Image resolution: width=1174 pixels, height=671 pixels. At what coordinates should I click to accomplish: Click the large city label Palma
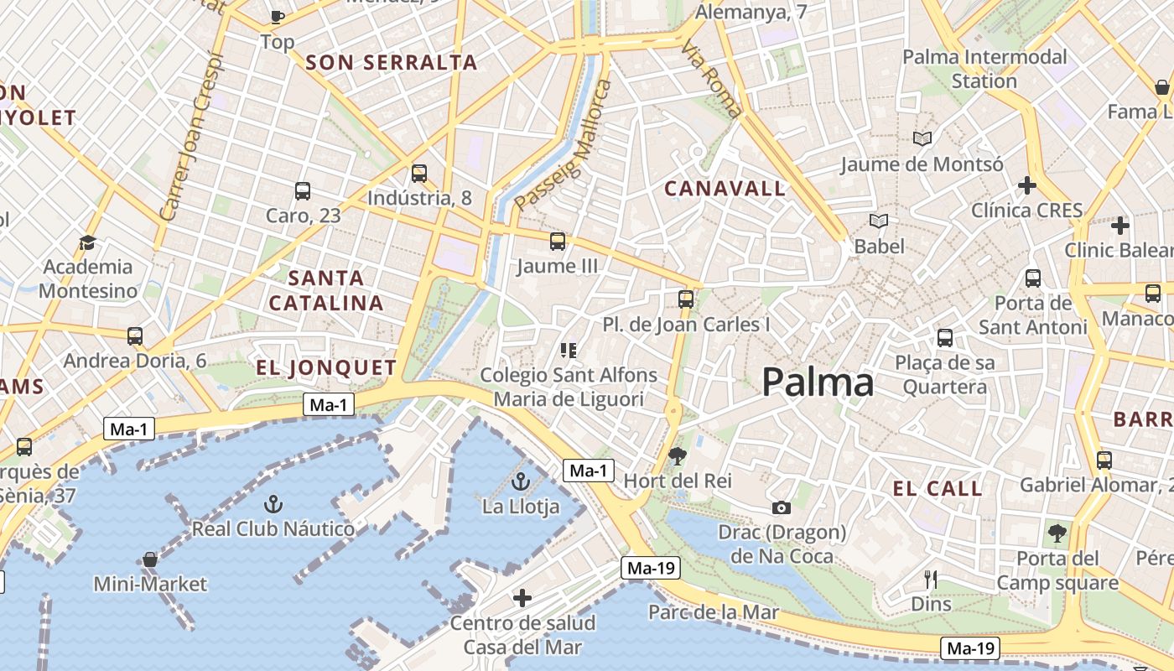tap(818, 382)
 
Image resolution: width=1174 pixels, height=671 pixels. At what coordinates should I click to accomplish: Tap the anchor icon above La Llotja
tap(521, 481)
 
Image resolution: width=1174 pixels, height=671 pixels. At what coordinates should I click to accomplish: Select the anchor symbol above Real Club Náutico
tap(273, 504)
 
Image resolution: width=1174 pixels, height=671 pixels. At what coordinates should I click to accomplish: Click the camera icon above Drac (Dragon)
tap(782, 507)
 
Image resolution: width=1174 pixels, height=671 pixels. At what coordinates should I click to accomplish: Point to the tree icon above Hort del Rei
tap(678, 456)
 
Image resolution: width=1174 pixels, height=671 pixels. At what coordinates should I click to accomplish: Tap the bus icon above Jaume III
tap(558, 242)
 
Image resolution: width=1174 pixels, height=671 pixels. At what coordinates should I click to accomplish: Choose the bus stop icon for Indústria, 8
tap(419, 174)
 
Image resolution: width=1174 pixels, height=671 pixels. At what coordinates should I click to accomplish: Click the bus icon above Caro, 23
tap(303, 191)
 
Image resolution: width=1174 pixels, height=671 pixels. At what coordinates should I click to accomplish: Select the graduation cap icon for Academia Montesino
tap(87, 243)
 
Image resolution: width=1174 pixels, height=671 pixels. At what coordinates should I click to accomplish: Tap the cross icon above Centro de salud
tap(522, 598)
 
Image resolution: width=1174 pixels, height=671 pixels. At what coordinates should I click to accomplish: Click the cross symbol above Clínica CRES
tap(1027, 185)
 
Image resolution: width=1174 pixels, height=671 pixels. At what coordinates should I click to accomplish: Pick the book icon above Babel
tap(879, 221)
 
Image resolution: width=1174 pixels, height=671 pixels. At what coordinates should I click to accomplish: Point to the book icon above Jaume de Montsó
tap(922, 138)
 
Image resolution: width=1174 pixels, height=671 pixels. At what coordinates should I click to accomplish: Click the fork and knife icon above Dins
tap(931, 579)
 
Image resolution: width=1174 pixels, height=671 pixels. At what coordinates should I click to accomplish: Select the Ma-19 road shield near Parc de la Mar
tap(651, 568)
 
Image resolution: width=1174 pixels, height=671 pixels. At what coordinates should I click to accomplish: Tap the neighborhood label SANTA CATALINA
tap(326, 290)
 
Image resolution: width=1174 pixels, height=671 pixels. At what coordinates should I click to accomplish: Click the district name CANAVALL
tap(725, 189)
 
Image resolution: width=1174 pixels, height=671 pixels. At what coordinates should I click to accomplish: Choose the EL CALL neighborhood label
tap(938, 489)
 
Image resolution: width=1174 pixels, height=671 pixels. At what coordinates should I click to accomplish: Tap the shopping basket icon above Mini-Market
tap(150, 559)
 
